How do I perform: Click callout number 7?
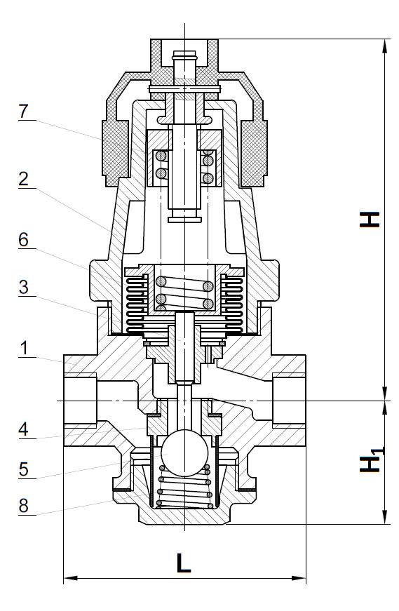23,112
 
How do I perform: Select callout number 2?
23,179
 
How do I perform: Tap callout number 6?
23,240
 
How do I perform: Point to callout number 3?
23,287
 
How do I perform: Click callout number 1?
24,348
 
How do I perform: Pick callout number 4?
23,429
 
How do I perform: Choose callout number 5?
23,469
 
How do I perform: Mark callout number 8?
23,506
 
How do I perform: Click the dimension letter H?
370,220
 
